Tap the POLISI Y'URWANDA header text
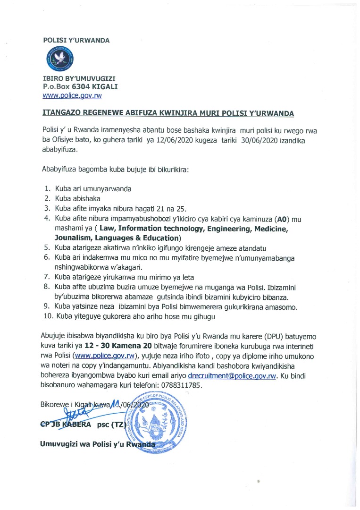[76, 40]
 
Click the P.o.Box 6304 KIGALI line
[80, 87]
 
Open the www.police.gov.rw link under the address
[72, 95]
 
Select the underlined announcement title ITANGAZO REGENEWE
[168, 113]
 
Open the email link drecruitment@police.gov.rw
[231, 377]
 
